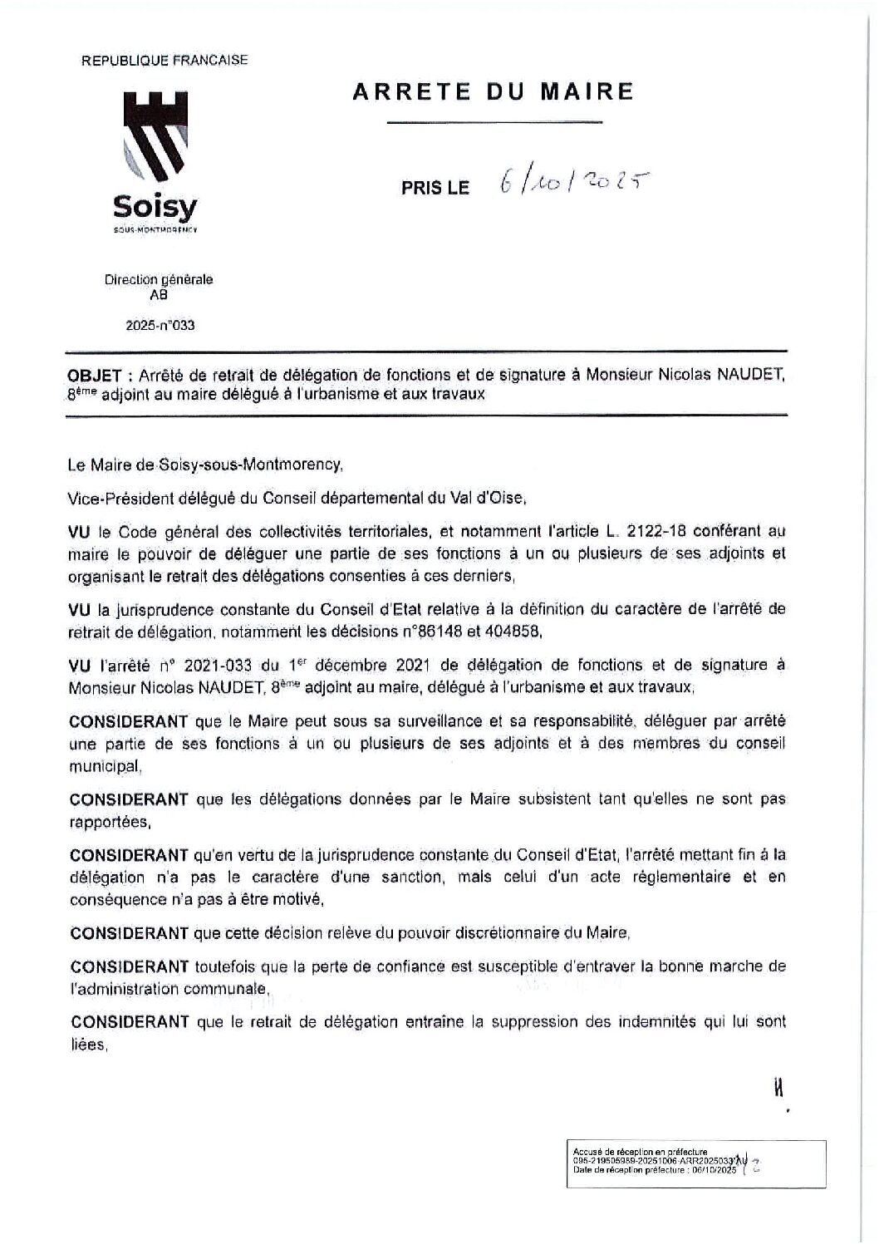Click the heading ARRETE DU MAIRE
point(494,91)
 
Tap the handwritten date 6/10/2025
point(573,180)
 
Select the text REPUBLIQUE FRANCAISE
point(164,60)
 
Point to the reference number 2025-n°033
point(160,325)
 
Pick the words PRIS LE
point(435,188)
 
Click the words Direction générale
point(159,280)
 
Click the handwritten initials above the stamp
point(779,1088)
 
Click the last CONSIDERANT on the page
point(130,1022)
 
